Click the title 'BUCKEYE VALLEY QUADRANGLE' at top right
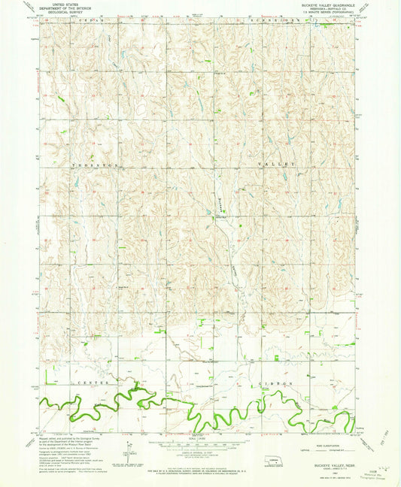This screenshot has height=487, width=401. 325,4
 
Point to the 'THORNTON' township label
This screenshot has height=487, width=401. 92,164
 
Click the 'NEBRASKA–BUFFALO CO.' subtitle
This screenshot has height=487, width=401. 325,8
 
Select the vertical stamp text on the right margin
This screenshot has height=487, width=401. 392,452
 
